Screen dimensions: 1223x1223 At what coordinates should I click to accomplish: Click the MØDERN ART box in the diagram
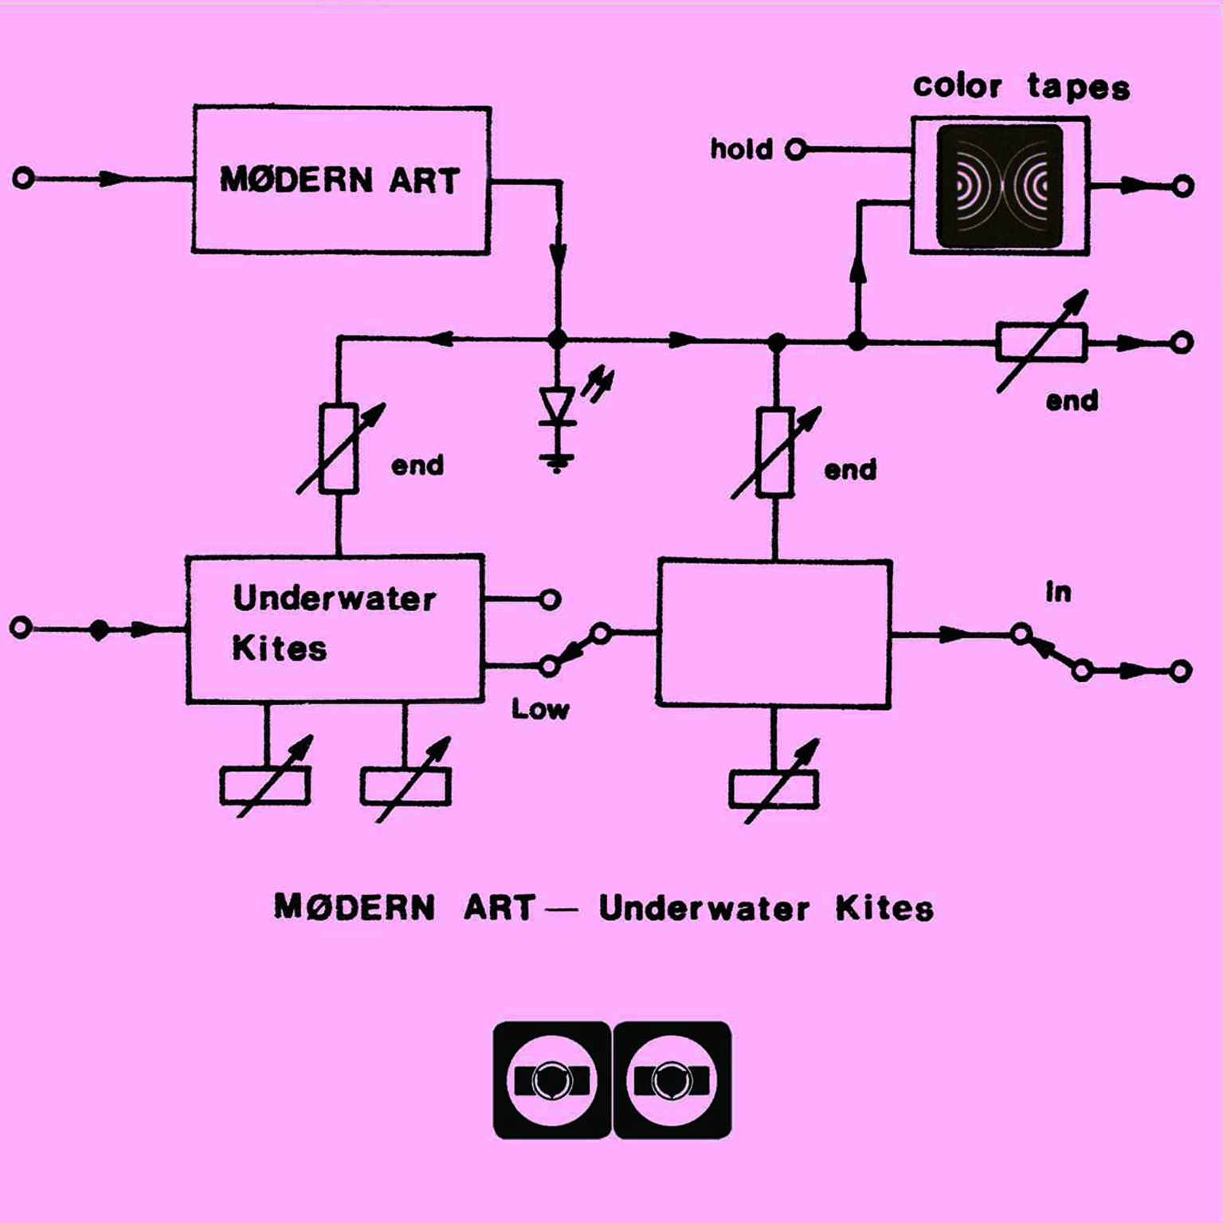click(341, 180)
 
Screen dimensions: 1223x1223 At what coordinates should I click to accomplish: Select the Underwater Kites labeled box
click(335, 629)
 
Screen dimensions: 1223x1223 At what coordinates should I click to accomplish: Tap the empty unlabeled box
click(774, 633)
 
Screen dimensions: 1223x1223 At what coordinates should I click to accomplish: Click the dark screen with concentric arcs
click(999, 186)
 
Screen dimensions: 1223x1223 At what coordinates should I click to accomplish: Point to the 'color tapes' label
click(1021, 86)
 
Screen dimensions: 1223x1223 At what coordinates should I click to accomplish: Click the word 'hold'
click(741, 149)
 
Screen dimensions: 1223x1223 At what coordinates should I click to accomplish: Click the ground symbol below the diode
click(557, 462)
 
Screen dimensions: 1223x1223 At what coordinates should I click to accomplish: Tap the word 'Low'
click(540, 708)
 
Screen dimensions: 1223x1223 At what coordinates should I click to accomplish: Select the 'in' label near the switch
click(1058, 592)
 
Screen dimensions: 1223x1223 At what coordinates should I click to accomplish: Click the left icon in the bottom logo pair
click(552, 1080)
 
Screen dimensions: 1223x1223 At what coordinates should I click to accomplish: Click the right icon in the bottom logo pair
click(672, 1080)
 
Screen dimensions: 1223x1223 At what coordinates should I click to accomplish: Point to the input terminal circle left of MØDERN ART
click(23, 178)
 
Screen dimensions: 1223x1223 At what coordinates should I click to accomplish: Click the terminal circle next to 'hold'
click(795, 149)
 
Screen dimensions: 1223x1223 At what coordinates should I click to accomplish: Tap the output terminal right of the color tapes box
click(1183, 186)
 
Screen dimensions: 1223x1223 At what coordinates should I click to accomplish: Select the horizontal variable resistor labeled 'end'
click(1041, 343)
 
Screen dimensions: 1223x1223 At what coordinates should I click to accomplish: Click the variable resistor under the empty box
click(774, 788)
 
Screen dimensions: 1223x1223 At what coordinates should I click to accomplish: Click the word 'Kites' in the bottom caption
click(884, 908)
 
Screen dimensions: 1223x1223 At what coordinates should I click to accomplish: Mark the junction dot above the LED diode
click(558, 339)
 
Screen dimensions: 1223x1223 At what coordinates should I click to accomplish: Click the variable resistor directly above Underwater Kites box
click(339, 449)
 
